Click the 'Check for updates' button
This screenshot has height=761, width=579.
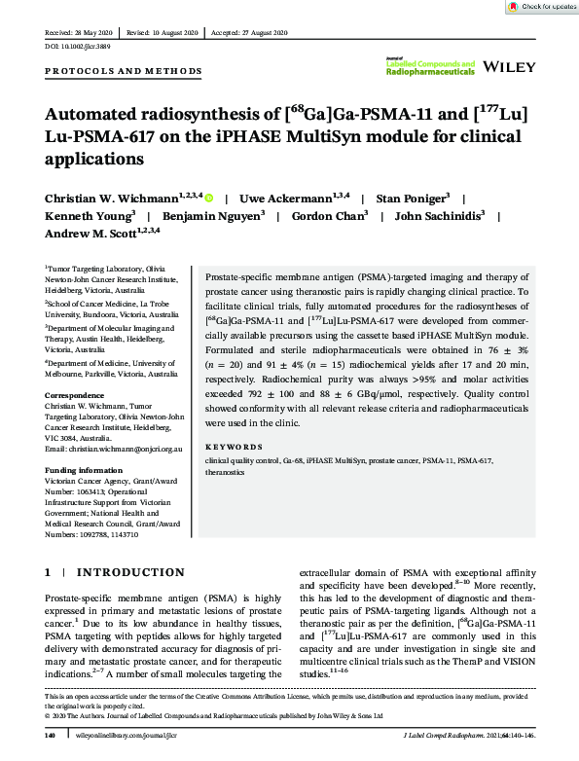tap(542, 7)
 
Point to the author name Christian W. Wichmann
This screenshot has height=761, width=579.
tap(109, 198)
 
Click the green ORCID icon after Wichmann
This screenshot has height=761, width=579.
tap(208, 198)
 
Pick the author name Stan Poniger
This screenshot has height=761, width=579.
tap(395, 198)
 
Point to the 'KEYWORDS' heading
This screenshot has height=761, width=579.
tap(229, 447)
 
